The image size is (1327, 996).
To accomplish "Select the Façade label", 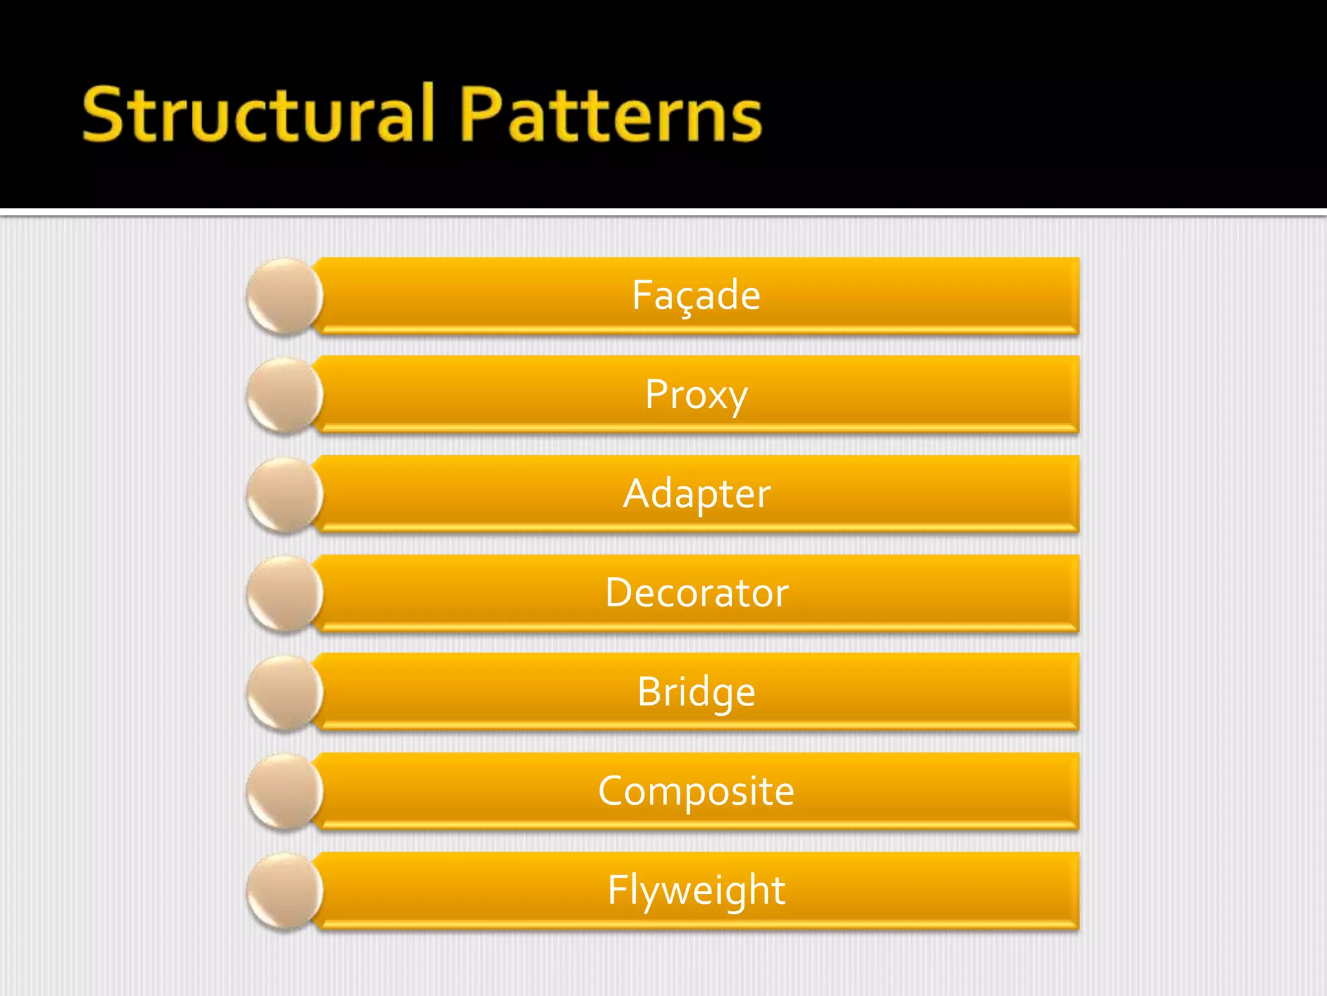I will coord(696,295).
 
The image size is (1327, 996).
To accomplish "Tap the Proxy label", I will coord(696,394).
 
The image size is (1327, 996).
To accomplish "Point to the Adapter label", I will coord(697,493).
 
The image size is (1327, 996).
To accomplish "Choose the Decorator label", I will coord(697,593).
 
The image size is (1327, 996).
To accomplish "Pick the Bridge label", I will coord(696,692).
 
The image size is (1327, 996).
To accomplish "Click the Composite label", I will coord(696,791).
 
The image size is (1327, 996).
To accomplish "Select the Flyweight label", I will coord(696,890).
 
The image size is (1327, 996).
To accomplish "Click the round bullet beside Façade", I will coord(284,296).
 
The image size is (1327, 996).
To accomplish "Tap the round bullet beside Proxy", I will coord(284,395).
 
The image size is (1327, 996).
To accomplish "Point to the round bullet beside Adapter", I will coord(284,494).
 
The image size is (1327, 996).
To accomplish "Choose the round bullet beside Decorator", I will coord(284,593).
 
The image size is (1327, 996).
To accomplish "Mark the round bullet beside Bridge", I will coord(284,693).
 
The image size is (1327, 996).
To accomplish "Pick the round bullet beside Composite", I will coord(284,792).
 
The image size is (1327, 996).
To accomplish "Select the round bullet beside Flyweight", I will coord(284,891).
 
